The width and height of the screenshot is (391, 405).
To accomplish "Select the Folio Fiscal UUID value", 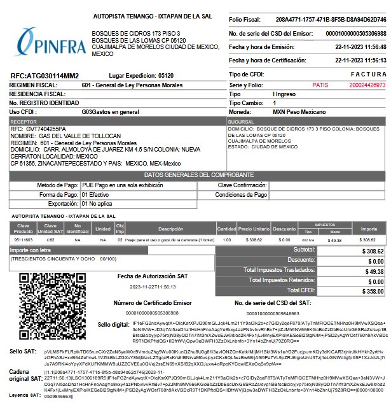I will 331,20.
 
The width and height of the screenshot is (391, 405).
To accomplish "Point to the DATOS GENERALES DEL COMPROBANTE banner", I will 195,174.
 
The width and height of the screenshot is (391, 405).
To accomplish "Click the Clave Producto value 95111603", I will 24,240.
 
